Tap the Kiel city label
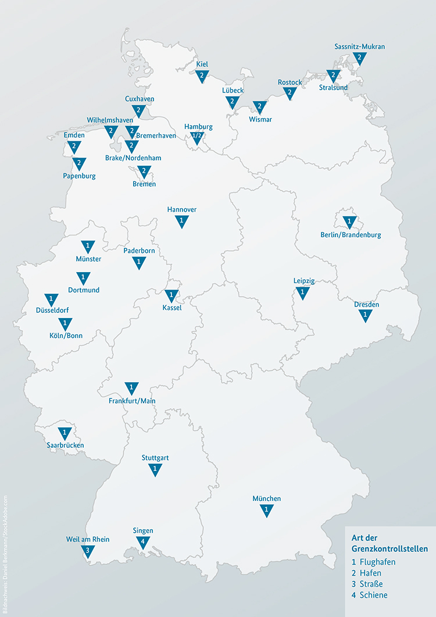[x=202, y=64]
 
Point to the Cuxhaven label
[x=140, y=99]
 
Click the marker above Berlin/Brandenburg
[x=349, y=222]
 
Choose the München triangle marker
[x=267, y=510]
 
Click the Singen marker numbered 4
[x=142, y=542]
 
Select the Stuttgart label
[x=155, y=458]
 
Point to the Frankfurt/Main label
[x=132, y=401]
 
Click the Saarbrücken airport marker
[x=65, y=433]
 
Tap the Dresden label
[x=366, y=304]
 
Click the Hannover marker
[x=182, y=221]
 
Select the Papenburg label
[x=80, y=175]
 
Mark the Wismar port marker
[x=259, y=107]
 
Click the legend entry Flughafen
[x=377, y=562]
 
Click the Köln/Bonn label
[x=66, y=335]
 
